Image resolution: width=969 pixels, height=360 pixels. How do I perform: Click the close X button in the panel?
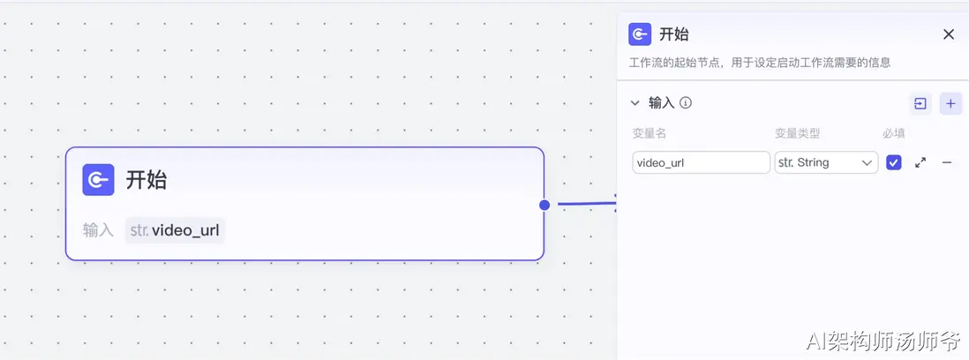click(949, 34)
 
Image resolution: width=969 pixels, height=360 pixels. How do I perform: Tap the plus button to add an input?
click(950, 103)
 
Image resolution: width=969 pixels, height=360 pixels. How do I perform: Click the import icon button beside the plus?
click(920, 103)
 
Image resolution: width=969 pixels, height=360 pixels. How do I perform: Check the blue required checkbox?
click(894, 162)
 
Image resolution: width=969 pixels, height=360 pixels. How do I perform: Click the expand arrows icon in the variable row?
click(920, 162)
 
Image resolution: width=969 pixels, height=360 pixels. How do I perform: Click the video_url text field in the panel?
click(701, 162)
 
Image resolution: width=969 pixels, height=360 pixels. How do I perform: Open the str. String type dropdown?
click(826, 162)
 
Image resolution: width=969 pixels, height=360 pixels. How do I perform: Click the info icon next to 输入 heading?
click(686, 102)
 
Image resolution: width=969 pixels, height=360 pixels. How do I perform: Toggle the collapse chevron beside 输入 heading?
click(635, 103)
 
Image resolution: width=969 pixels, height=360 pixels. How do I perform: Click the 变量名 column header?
click(649, 133)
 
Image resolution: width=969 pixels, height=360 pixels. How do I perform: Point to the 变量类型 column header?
click(797, 133)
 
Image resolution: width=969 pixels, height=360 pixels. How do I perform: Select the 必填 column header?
click(894, 133)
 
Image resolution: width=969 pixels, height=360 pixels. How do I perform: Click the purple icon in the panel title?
click(640, 34)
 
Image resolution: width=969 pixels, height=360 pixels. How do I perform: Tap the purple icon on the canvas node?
click(98, 180)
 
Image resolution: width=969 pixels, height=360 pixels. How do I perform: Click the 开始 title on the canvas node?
click(146, 180)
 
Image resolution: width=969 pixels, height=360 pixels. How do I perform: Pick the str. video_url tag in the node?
click(175, 231)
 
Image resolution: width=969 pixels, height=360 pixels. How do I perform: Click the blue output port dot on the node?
click(545, 205)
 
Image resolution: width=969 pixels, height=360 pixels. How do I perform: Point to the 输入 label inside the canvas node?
click(98, 231)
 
